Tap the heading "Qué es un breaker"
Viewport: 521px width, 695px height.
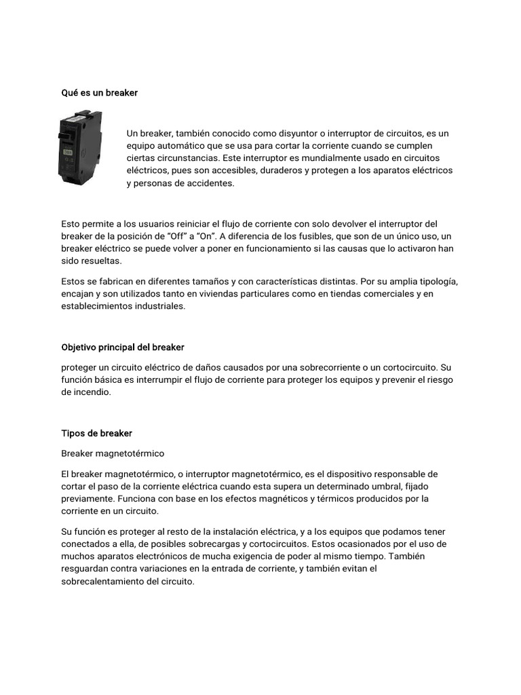[x=100, y=92]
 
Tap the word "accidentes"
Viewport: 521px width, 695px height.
[x=210, y=183]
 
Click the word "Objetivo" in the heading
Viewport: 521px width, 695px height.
[x=79, y=347]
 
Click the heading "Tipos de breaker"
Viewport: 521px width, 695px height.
[x=97, y=433]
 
